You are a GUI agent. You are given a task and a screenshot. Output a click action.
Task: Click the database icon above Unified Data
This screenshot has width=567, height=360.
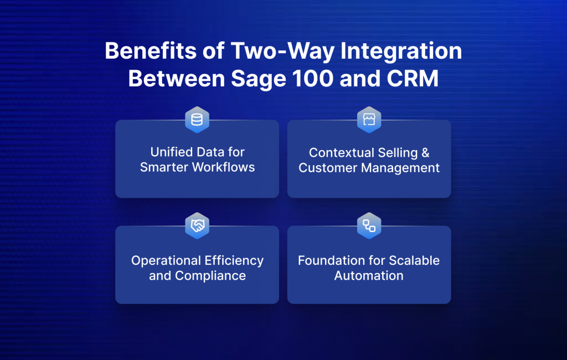[197, 120]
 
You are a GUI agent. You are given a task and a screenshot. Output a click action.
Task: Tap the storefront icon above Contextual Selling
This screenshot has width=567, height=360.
[369, 120]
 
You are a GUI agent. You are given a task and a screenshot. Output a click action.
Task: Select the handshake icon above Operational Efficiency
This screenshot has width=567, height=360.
[198, 226]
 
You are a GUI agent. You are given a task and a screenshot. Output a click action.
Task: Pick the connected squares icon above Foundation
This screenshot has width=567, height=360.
[369, 226]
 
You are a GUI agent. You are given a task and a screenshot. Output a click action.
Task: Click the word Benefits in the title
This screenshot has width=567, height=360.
[151, 50]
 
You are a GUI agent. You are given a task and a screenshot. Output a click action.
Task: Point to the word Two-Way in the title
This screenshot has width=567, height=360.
[283, 52]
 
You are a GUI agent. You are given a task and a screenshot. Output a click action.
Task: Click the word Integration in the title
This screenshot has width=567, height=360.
[401, 52]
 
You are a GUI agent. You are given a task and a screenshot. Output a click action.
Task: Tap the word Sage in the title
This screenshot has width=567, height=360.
[259, 79]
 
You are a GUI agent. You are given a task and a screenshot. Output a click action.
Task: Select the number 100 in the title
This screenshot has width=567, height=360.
[313, 79]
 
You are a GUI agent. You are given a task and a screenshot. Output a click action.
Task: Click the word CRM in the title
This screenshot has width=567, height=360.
[413, 79]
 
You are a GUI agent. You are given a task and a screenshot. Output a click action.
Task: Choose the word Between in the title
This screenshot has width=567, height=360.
[177, 79]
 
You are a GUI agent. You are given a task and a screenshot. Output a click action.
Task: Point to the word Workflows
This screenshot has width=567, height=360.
[223, 167]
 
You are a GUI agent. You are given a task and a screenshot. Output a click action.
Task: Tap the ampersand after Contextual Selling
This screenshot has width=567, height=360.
[425, 153]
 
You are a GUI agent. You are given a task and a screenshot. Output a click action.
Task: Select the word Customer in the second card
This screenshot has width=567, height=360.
[328, 168]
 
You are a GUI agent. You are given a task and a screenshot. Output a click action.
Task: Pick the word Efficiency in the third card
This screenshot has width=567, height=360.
[234, 261]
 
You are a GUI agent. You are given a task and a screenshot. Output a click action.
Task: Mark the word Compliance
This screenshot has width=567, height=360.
[210, 276]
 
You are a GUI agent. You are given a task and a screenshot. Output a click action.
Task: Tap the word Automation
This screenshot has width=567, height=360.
[369, 276]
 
